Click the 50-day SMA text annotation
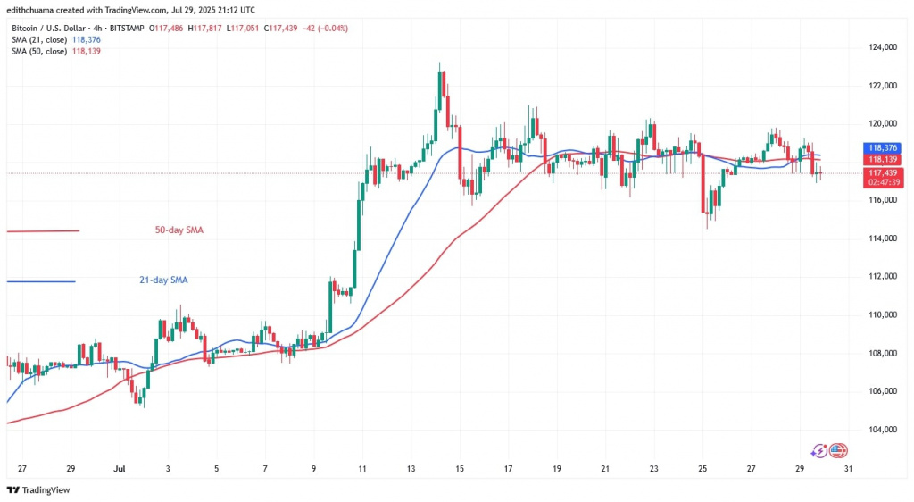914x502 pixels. click(179, 230)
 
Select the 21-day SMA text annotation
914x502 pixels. click(162, 280)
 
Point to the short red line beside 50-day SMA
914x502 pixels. click(43, 231)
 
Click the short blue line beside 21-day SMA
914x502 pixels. click(41, 281)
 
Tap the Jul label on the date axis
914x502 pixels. click(119, 467)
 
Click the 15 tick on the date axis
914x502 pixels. click(459, 467)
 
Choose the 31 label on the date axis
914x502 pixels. click(848, 467)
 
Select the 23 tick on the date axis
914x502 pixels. click(653, 467)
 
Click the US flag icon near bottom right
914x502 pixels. click(837, 450)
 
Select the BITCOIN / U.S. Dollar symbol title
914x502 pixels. click(54, 29)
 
